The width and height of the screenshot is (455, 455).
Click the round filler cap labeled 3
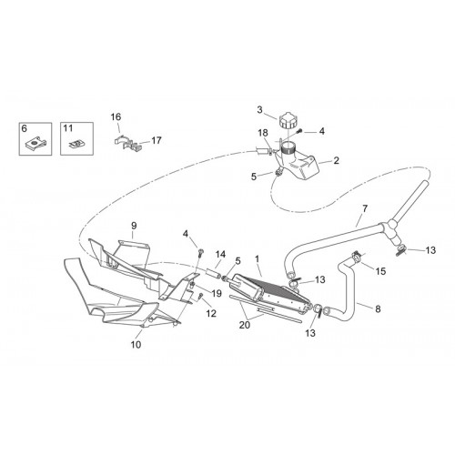click(287, 120)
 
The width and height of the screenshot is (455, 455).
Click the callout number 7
click(365, 208)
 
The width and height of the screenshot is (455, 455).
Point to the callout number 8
click(378, 308)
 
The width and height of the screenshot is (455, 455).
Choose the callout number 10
click(136, 344)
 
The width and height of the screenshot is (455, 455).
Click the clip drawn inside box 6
click(35, 143)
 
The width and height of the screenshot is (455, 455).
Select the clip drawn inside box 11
click(76, 143)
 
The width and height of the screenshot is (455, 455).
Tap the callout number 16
click(116, 116)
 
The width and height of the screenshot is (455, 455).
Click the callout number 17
click(157, 140)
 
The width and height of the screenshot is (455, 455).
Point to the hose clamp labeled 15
click(356, 257)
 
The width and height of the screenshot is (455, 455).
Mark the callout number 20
click(245, 325)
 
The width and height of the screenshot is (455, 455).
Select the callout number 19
click(217, 293)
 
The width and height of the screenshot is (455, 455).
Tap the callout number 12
click(211, 313)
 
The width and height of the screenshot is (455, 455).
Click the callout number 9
click(134, 226)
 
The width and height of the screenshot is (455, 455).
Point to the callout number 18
click(263, 133)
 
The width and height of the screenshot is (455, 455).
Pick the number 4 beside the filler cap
click(322, 131)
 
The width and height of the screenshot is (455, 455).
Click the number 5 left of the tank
click(254, 177)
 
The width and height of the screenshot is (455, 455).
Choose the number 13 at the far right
click(430, 250)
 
